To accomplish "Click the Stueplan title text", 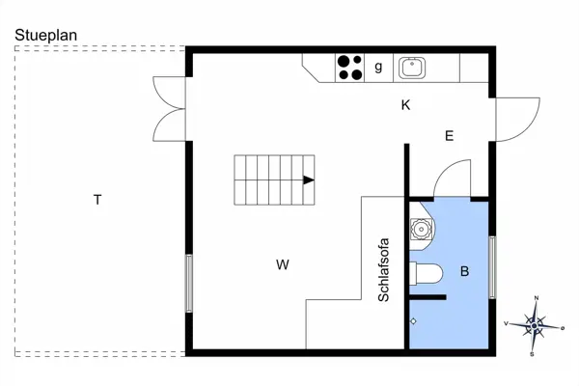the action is [x=45, y=36].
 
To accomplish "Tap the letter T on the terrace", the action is [x=97, y=200].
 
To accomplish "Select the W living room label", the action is [x=283, y=264].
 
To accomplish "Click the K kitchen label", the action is [x=405, y=105].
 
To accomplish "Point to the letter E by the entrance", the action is [x=449, y=136].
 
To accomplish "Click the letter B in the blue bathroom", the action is [x=464, y=271].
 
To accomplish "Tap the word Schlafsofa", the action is [x=384, y=269].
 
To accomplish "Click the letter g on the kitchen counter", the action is [x=378, y=67].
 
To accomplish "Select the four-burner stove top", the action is [x=349, y=68].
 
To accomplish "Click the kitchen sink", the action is [x=412, y=68].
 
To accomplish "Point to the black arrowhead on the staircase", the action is [x=309, y=180].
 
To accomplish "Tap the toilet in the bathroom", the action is [x=426, y=274].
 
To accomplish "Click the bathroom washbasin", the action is [x=421, y=229].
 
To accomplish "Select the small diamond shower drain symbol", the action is [x=413, y=321].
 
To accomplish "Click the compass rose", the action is [x=534, y=326].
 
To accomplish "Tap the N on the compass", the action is [x=537, y=298].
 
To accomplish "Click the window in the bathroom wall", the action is [x=492, y=267].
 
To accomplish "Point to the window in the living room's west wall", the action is [x=189, y=284].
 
